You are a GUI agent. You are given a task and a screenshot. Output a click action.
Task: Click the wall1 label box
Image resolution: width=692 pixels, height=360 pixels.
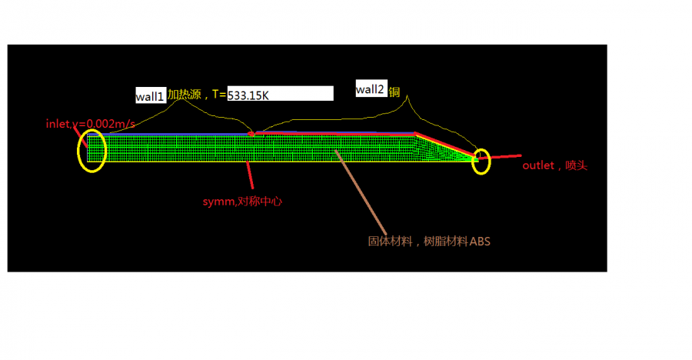coord(151,95)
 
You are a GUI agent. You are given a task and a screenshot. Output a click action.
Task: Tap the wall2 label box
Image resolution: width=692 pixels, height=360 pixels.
coord(371,88)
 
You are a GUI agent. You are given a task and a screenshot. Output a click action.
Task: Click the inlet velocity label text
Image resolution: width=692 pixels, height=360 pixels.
coord(91,124)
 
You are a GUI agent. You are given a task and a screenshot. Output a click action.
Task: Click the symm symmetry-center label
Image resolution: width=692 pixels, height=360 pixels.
coord(242,202)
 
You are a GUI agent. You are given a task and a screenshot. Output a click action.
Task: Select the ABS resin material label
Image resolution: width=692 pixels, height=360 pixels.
coord(429,242)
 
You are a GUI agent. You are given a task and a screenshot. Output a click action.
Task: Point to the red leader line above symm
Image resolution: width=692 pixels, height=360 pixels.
coord(250,175)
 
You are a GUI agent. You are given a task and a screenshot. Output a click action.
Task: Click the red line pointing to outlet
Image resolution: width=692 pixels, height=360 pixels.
coord(500,156)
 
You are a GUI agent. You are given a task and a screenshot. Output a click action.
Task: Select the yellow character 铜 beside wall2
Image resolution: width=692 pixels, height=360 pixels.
coord(394,92)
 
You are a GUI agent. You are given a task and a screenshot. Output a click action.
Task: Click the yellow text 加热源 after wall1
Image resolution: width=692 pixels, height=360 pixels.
coord(184,94)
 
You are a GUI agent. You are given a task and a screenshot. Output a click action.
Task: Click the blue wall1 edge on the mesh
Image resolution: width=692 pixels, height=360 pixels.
coord(168,135)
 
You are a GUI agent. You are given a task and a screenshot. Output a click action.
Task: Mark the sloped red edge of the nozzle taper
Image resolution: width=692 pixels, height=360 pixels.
coord(446,145)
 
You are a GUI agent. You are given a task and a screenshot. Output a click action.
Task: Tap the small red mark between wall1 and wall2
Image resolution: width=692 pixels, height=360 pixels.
coord(251,133)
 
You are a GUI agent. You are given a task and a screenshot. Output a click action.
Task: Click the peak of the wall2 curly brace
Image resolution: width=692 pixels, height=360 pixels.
coord(407,96)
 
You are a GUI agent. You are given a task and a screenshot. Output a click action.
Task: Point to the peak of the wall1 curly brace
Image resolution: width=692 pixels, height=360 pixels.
coord(180,100)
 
